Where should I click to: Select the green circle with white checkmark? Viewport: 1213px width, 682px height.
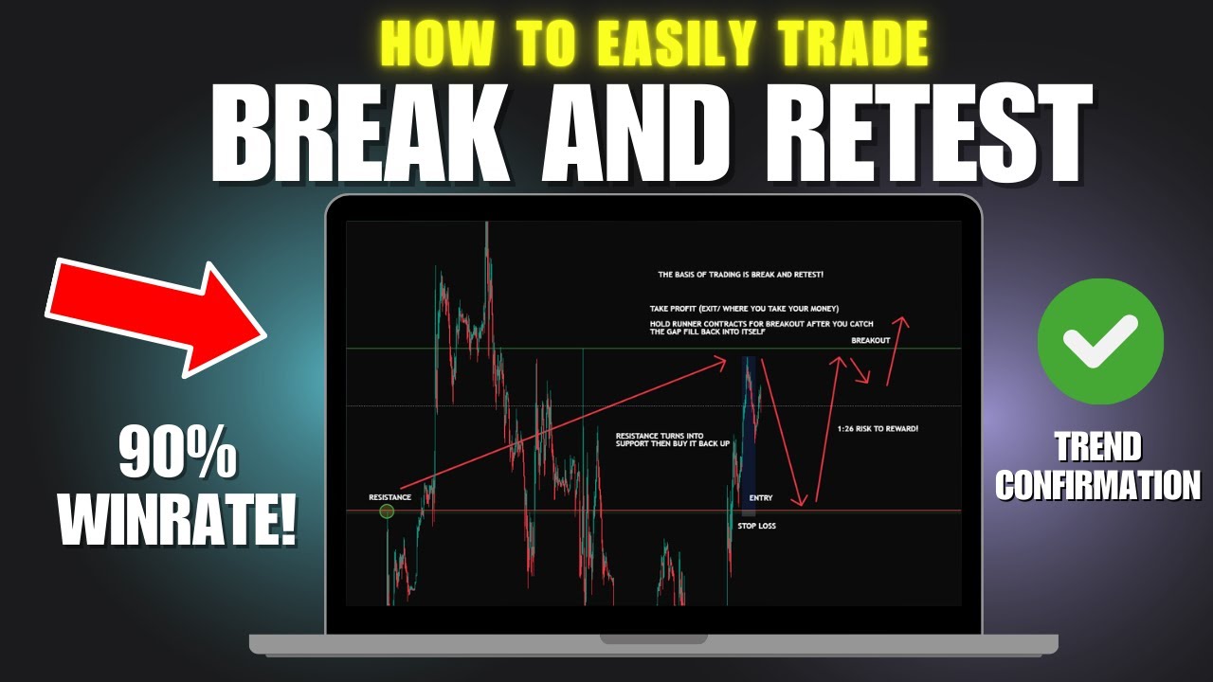tap(1099, 342)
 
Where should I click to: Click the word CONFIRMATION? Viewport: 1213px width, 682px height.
tap(1097, 486)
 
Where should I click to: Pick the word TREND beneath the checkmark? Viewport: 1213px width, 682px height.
tap(1098, 446)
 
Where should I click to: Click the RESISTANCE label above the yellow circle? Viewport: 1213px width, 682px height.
tap(390, 497)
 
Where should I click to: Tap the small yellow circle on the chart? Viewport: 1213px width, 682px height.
tap(387, 511)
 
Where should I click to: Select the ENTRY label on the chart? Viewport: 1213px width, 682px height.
tap(761, 497)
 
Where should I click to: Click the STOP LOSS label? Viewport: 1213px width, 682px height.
tap(756, 526)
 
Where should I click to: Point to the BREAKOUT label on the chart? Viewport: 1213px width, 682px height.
tap(870, 339)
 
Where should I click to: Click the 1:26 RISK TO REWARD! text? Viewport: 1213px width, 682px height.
tap(878, 429)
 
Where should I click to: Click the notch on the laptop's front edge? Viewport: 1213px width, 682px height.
tap(653, 640)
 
